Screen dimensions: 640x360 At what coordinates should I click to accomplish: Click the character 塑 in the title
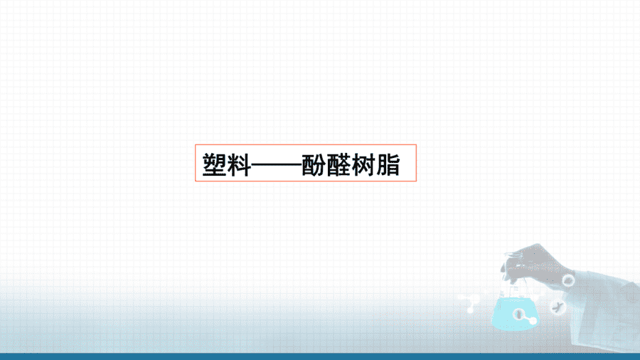point(215,165)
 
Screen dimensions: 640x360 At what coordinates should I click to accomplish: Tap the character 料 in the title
point(239,165)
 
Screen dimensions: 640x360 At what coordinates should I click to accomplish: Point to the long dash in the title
point(277,165)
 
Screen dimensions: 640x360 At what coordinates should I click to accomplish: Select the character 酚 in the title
point(314,165)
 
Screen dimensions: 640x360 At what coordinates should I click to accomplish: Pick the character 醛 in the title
point(338,165)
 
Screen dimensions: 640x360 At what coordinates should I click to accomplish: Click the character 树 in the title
point(363,165)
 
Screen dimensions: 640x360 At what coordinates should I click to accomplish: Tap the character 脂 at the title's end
point(388,165)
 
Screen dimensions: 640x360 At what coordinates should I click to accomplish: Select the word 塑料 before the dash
point(227,165)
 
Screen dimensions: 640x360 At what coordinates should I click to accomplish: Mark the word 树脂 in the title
point(375,165)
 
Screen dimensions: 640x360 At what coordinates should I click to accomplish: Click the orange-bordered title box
point(306,145)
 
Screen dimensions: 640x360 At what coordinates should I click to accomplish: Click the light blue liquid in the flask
point(515,314)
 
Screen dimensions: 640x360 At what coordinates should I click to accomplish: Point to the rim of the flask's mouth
point(514,255)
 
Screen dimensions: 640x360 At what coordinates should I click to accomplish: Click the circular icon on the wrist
point(567,280)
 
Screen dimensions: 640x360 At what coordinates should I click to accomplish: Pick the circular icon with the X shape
point(557,307)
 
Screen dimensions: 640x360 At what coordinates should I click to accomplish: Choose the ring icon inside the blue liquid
point(519,314)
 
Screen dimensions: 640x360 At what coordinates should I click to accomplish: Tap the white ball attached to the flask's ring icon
point(532,321)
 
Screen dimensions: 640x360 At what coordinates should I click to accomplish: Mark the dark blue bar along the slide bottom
point(320,356)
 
